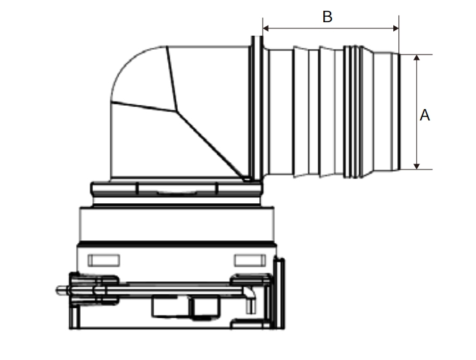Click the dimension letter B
click(x=327, y=17)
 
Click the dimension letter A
click(x=425, y=115)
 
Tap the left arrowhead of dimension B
click(x=266, y=28)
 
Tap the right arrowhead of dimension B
click(x=396, y=28)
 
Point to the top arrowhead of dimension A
click(x=417, y=58)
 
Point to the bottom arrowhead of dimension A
click(x=417, y=166)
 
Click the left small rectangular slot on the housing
click(x=104, y=260)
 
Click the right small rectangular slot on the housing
click(x=250, y=260)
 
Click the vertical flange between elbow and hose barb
click(x=257, y=108)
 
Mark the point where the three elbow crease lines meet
click(x=176, y=112)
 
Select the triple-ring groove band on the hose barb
click(x=353, y=112)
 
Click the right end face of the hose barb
click(x=399, y=112)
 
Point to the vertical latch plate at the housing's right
click(x=279, y=293)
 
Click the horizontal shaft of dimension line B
click(x=331, y=28)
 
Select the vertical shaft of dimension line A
click(x=417, y=112)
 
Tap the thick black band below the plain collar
click(x=176, y=244)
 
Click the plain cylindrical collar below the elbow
click(x=176, y=225)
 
